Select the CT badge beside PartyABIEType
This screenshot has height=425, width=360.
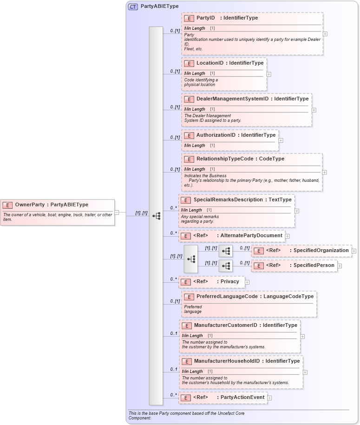tap(133, 7)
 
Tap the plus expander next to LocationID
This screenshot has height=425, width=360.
tap(269, 74)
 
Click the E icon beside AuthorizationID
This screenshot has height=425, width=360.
tap(189, 135)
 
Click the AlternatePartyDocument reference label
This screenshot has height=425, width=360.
tap(251, 236)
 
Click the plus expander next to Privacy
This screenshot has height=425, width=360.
tap(247, 282)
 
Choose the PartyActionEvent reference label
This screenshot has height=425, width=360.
tap(242, 398)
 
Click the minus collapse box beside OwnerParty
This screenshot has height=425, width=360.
tap(117, 212)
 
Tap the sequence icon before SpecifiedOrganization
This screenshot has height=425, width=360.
tap(226, 251)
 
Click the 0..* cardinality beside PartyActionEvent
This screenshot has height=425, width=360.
tap(173, 395)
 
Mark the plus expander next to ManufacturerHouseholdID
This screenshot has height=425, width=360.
tap(305, 372)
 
